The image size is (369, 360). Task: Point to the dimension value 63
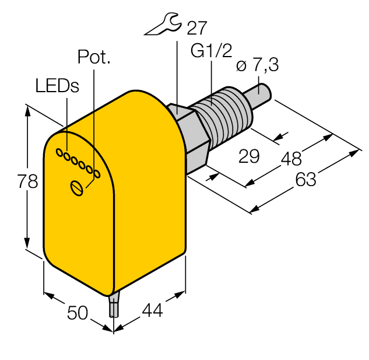305,180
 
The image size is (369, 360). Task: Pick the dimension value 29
249,156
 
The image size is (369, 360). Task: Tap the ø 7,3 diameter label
258,65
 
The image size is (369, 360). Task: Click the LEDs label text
57,86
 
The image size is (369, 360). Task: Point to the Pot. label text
94,57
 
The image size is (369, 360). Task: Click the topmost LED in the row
58,152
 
